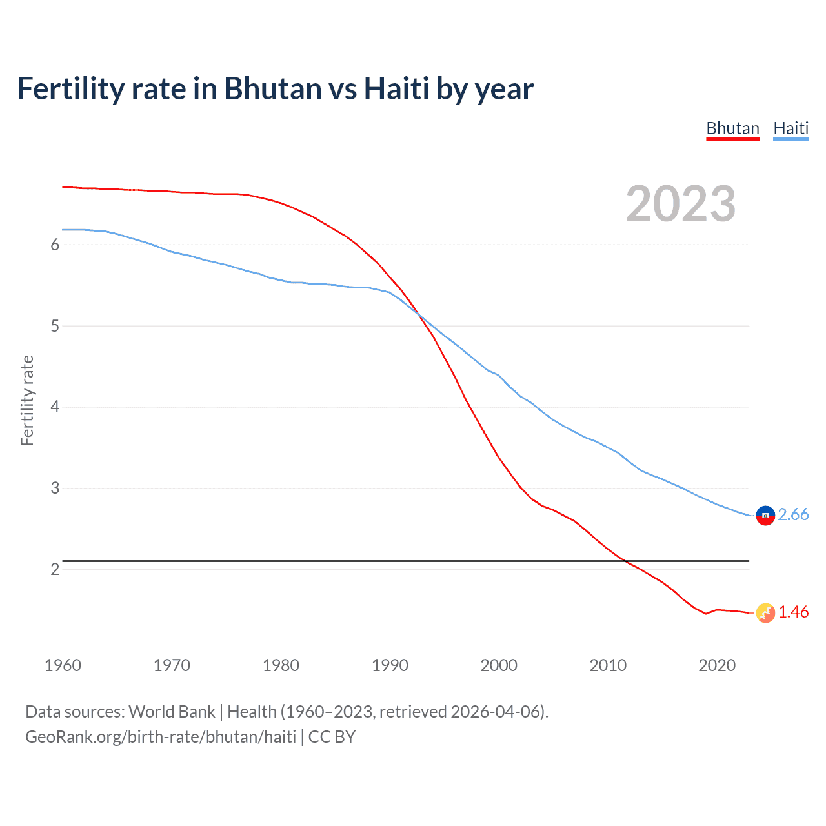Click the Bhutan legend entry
click(x=732, y=128)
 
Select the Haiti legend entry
click(x=791, y=128)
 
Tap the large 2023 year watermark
click(x=680, y=204)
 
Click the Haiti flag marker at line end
click(x=765, y=515)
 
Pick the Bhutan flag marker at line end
click(x=765, y=612)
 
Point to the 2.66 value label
click(x=793, y=514)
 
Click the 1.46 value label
click(x=793, y=612)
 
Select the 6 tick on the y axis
click(x=55, y=245)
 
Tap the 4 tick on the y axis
click(x=55, y=407)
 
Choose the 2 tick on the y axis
click(x=55, y=569)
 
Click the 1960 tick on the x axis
click(x=63, y=665)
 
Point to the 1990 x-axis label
click(x=390, y=665)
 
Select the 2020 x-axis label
click(x=717, y=665)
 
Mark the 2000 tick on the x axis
click(x=499, y=665)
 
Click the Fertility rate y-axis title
click(x=27, y=400)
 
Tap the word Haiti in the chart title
click(x=396, y=88)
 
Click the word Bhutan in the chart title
click(x=272, y=88)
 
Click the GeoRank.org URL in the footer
click(x=161, y=737)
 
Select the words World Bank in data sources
click(x=172, y=712)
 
